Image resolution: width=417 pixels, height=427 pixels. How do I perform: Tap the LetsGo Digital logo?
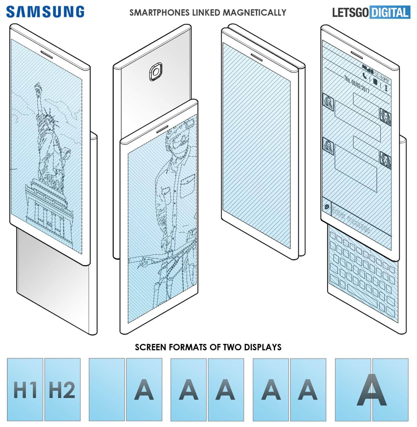pyautogui.click(x=371, y=12)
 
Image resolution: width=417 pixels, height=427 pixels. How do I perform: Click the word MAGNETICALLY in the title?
pyautogui.click(x=254, y=13)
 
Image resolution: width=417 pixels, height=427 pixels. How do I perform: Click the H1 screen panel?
pyautogui.click(x=25, y=389)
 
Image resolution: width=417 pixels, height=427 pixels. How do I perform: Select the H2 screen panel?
pyautogui.click(x=63, y=389)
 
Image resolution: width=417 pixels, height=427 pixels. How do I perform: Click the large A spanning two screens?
pyautogui.click(x=372, y=389)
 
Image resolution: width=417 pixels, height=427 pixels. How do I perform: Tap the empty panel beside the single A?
pyautogui.click(x=107, y=389)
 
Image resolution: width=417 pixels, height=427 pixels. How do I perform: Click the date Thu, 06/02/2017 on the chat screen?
pyautogui.click(x=356, y=84)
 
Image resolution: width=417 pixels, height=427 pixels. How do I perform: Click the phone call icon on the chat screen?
pyautogui.click(x=365, y=76)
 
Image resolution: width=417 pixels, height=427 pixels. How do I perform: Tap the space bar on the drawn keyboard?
pyautogui.click(x=362, y=296)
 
